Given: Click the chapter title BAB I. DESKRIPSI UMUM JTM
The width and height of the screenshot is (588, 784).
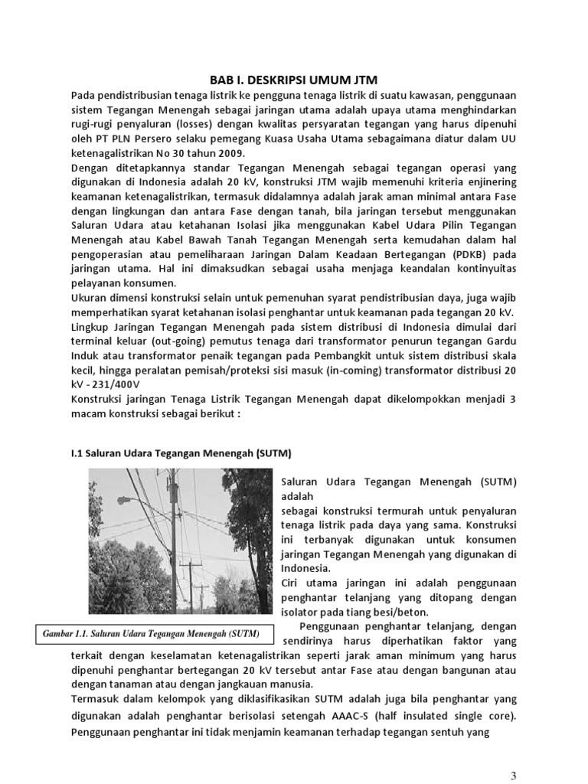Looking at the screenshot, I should tap(293, 80).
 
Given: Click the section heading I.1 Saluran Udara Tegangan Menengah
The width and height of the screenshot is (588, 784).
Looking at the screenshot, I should tap(181, 452).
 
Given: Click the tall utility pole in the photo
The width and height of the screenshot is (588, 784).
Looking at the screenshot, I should tap(177, 536).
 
